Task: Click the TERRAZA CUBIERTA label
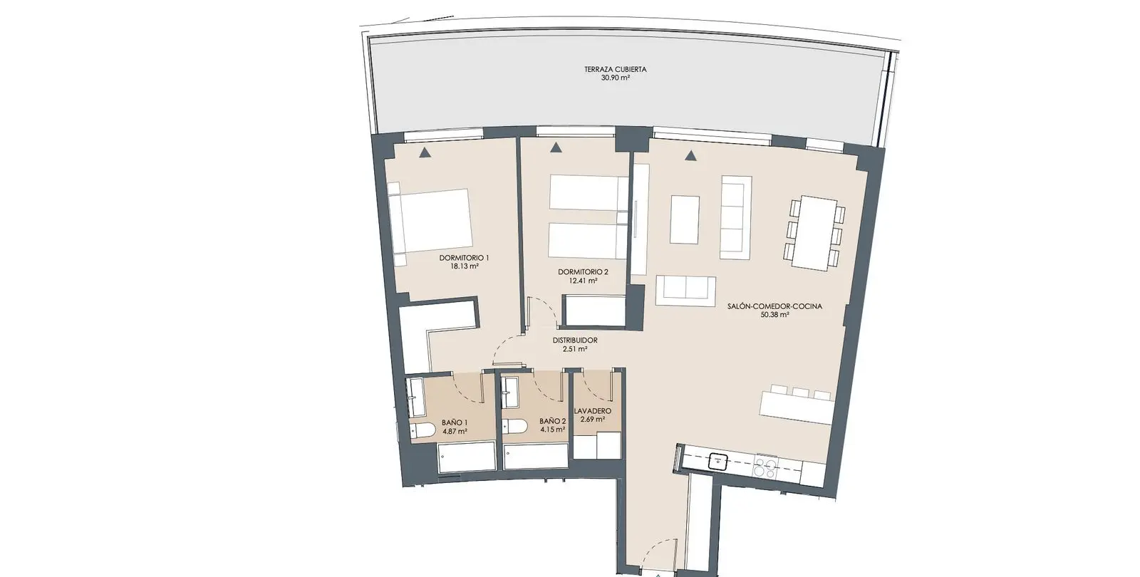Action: [616, 69]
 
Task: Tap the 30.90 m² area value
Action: [616, 78]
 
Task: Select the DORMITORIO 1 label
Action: [464, 258]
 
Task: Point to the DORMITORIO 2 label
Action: [583, 272]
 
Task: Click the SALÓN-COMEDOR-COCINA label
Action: [774, 306]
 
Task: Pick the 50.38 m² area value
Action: [774, 315]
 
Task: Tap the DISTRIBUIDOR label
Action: [575, 341]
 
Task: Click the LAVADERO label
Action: [592, 411]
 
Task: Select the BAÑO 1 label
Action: [455, 423]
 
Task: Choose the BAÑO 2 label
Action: [553, 421]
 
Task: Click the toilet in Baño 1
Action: [423, 430]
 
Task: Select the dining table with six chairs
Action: [814, 233]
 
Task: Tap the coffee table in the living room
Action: [685, 220]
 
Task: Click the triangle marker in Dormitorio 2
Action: [556, 147]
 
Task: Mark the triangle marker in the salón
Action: [690, 155]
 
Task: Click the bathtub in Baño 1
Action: [466, 457]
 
